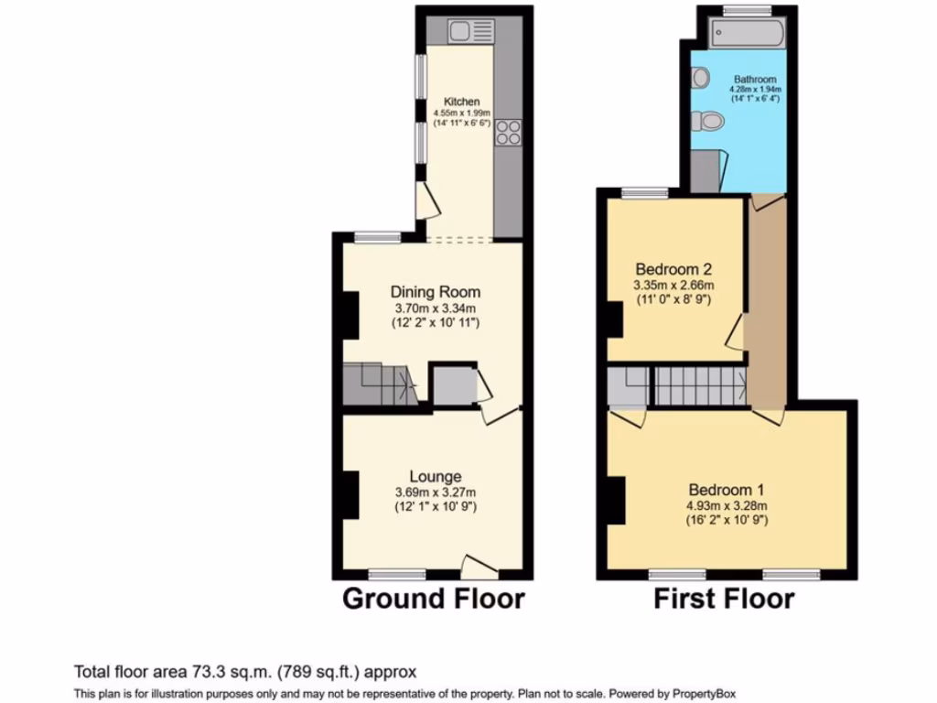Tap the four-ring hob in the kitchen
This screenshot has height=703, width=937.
coord(508,134)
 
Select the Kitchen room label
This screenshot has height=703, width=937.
coord(461,102)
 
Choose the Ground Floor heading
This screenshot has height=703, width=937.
coord(433,600)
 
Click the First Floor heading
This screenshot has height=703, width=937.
coord(723,600)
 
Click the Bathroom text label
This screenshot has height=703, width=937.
coord(755,81)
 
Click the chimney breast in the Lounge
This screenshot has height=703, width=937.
coord(350,494)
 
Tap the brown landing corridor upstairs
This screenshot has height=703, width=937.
coord(768,302)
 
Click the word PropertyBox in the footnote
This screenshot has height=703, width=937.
coord(703,693)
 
